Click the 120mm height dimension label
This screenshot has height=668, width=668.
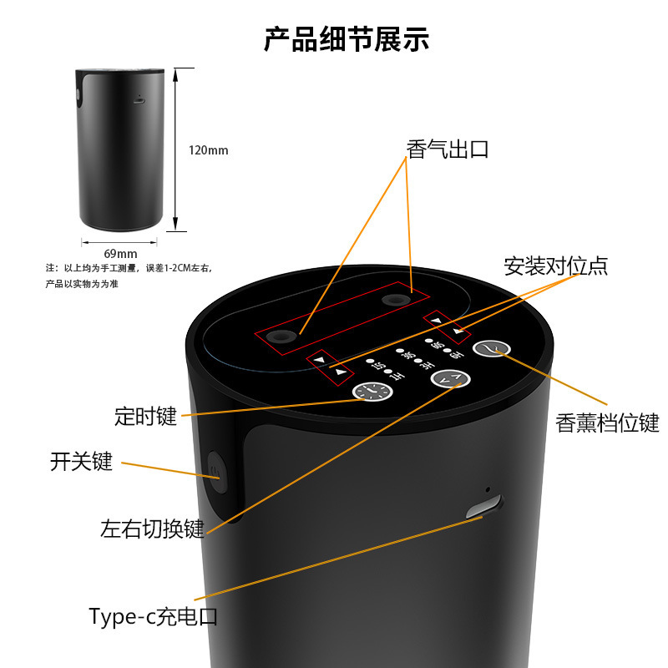[208, 150]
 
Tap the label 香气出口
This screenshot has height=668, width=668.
[448, 150]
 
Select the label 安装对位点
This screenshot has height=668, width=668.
[555, 266]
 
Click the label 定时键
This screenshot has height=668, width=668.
[145, 416]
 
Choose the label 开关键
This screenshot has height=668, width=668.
[81, 462]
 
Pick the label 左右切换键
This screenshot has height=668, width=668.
[152, 529]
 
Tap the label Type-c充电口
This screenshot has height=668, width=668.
[154, 617]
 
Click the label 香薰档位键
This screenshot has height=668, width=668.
[608, 423]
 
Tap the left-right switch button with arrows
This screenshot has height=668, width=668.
[451, 380]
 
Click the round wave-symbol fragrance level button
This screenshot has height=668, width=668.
[493, 349]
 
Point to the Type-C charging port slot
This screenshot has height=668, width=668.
[484, 506]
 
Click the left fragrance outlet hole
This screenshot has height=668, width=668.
[282, 336]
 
